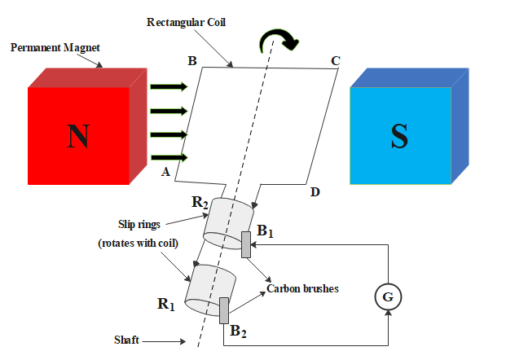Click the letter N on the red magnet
click(77, 137)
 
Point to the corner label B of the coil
click(192, 61)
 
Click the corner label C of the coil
click(335, 61)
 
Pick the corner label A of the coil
click(165, 172)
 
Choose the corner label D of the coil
click(315, 192)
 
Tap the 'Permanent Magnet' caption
click(55, 47)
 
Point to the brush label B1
click(265, 233)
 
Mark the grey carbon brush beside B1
click(245, 244)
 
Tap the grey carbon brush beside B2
click(223, 310)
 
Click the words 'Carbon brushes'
click(303, 288)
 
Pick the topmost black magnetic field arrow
click(169, 86)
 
